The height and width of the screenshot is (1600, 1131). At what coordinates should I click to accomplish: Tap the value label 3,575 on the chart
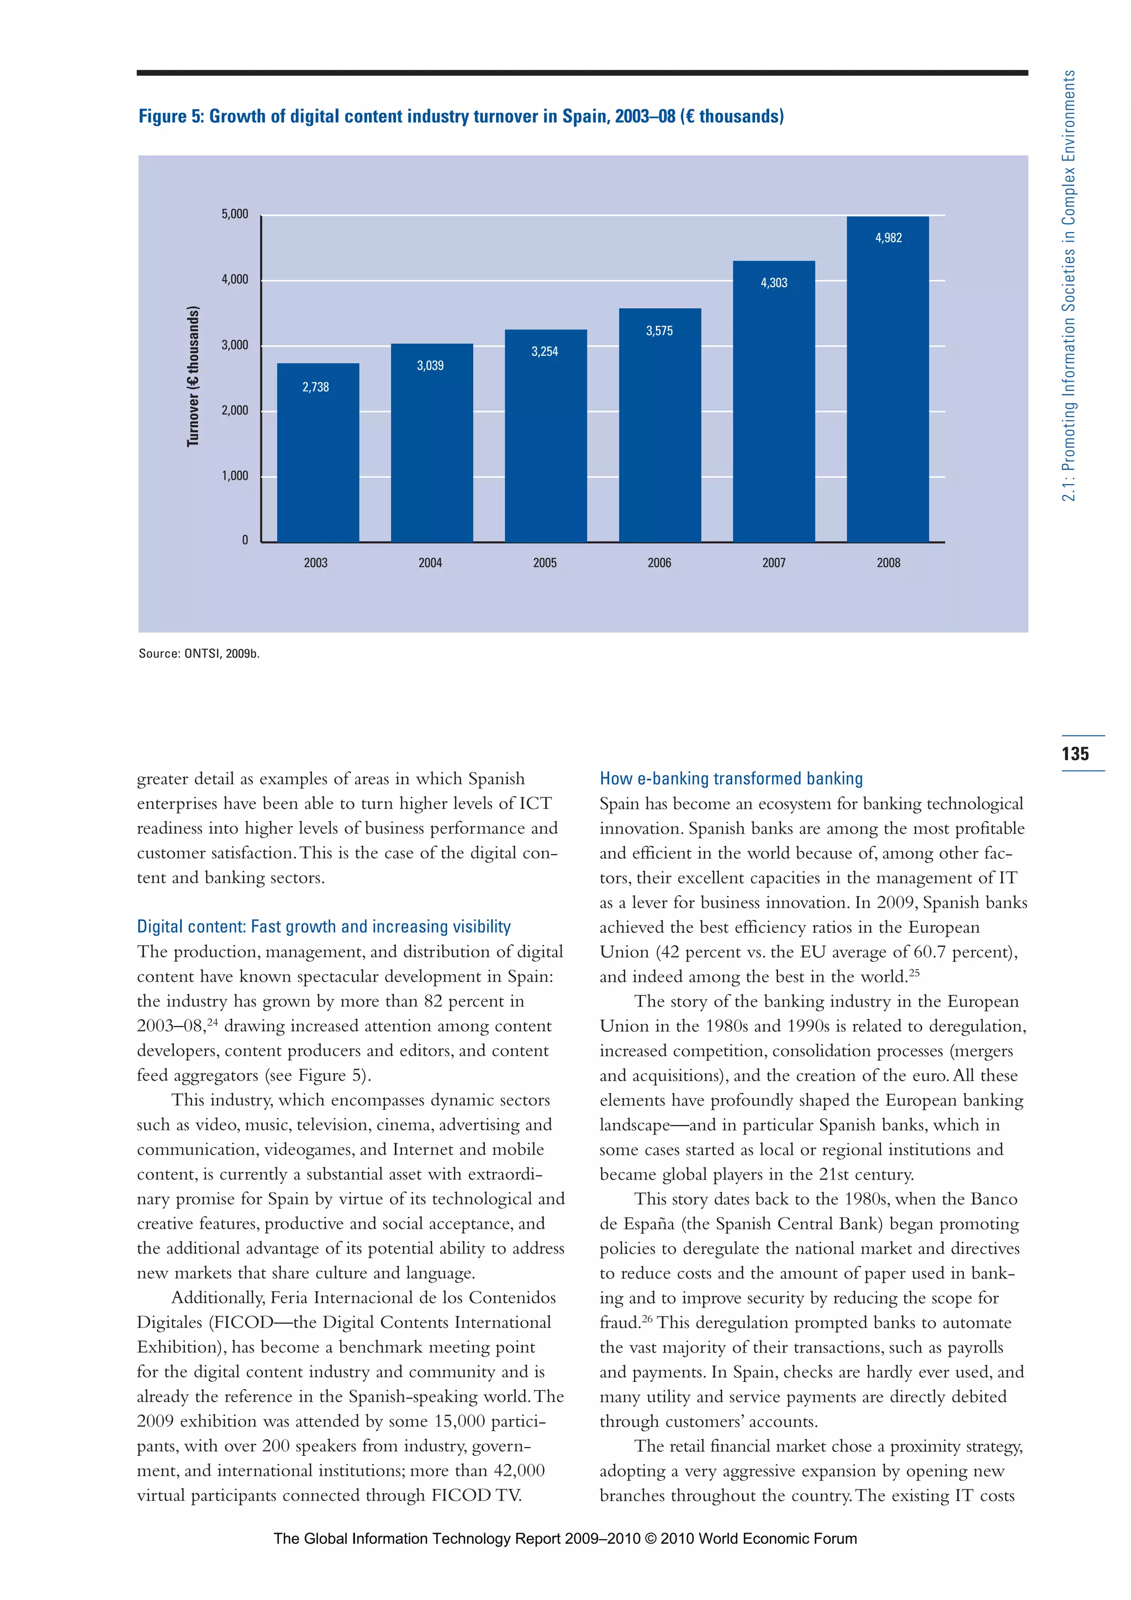[659, 331]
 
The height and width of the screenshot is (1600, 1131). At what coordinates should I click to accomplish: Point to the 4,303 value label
[774, 283]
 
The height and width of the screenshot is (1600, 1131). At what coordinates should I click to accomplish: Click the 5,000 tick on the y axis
[235, 214]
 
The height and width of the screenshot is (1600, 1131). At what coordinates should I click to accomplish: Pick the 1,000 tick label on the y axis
[235, 476]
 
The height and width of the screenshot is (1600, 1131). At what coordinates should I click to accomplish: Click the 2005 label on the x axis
[545, 563]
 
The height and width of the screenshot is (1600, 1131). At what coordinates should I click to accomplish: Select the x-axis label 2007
[774, 563]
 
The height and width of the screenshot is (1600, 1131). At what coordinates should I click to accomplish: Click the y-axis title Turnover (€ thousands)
[193, 376]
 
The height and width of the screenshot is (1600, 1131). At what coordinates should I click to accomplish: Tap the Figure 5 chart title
[461, 117]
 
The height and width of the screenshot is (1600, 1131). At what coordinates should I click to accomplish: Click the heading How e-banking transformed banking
[731, 778]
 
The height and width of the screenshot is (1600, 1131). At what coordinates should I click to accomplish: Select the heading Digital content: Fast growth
[324, 927]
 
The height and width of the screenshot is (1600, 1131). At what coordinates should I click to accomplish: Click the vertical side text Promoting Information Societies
[1069, 286]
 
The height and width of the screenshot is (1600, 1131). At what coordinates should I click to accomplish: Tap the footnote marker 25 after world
[915, 971]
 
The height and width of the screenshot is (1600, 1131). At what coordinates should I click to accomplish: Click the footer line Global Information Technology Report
[565, 1539]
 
